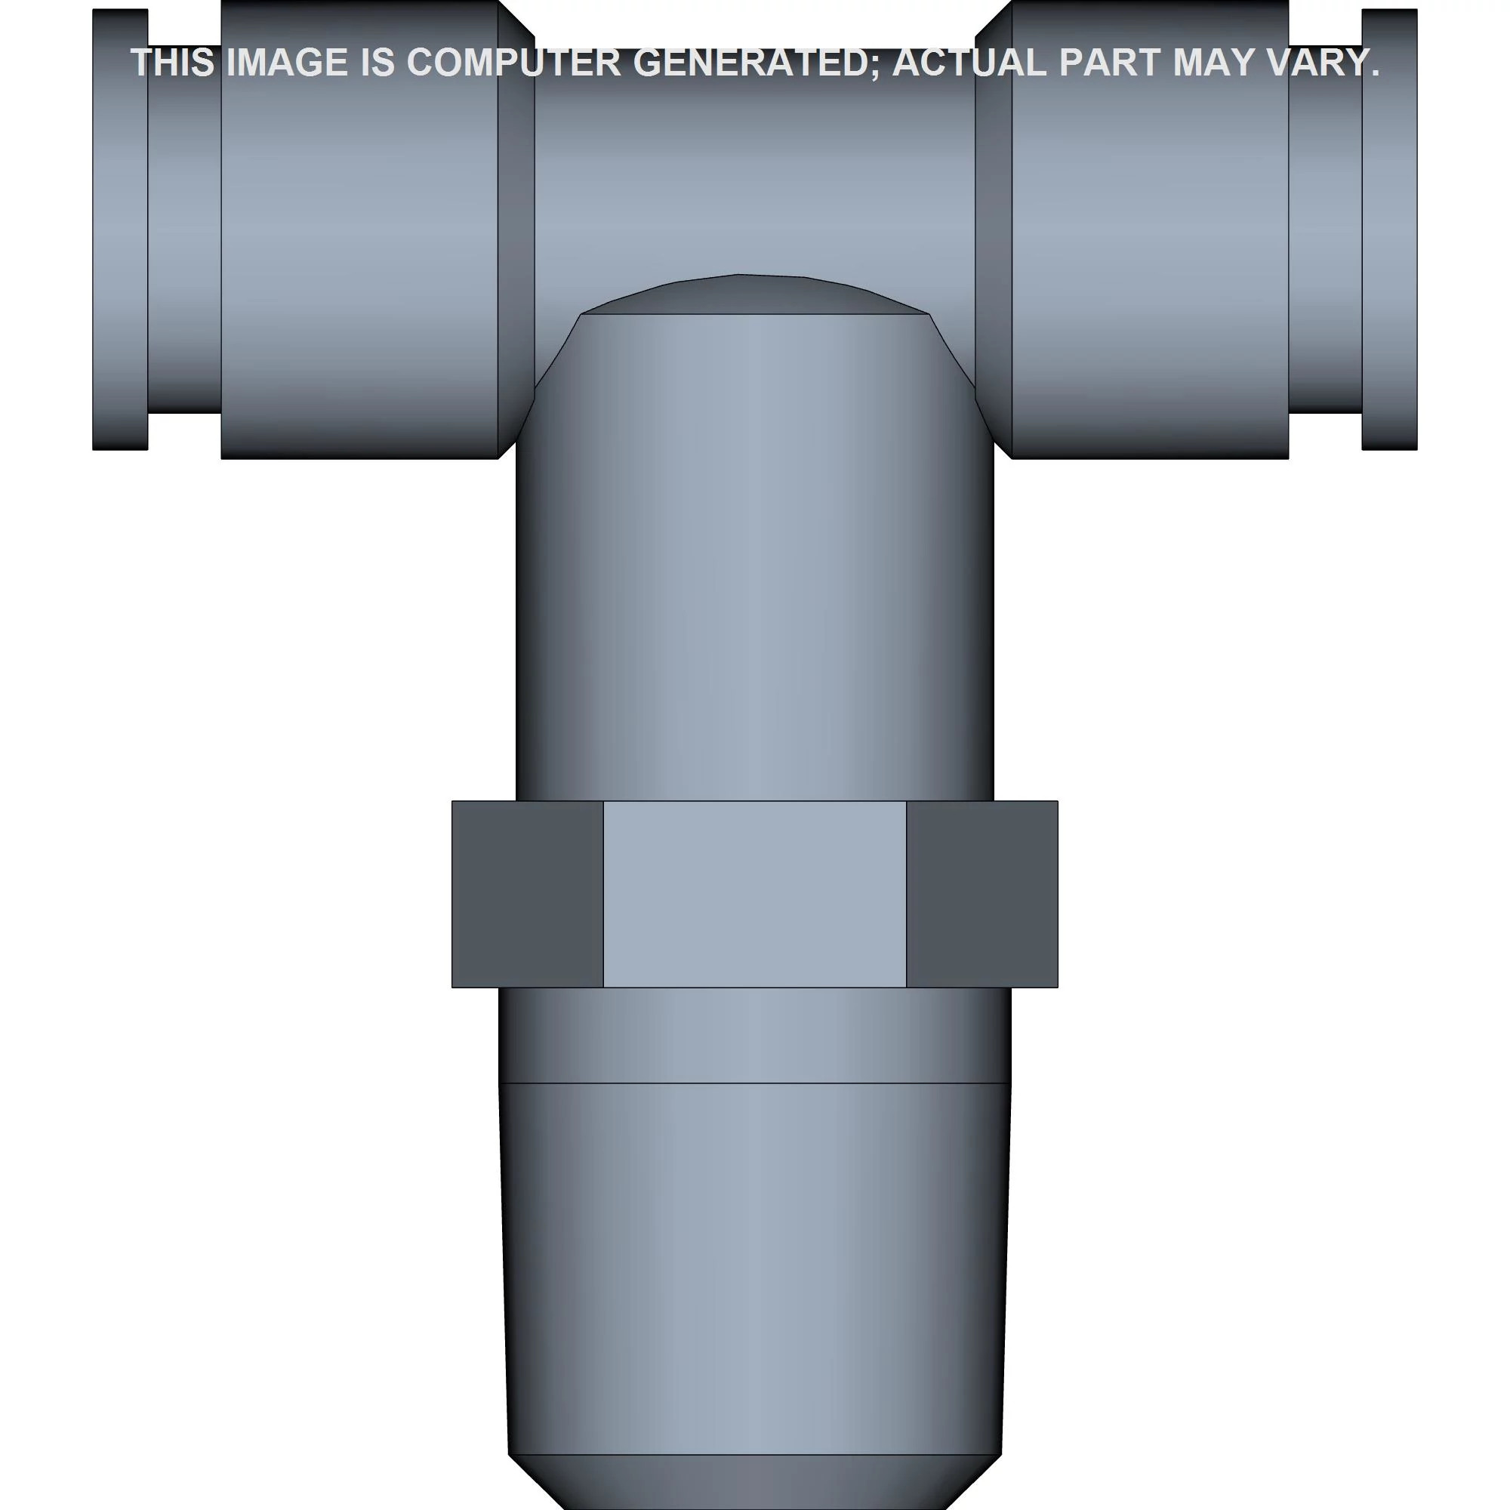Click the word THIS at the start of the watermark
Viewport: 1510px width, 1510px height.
[172, 63]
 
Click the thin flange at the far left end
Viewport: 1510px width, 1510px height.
[119, 235]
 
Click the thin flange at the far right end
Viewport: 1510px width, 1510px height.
[1389, 235]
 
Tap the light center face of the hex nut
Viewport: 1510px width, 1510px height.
[754, 893]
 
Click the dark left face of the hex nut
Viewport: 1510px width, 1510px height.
[527, 893]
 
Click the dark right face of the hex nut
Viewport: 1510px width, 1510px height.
[981, 893]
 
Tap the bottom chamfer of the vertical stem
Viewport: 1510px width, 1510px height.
[754, 1481]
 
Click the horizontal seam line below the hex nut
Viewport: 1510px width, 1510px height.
[754, 1083]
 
